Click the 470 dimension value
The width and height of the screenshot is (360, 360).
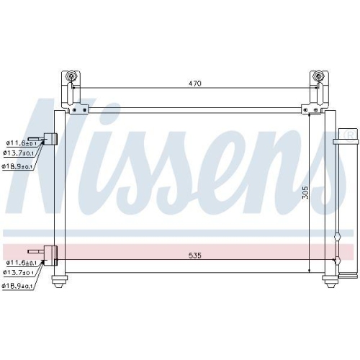click(195, 84)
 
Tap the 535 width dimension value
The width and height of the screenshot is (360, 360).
click(195, 255)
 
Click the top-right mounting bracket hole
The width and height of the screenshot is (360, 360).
click(318, 77)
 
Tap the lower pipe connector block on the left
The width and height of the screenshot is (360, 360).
click(50, 253)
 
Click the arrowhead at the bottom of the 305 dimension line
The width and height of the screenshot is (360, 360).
click(309, 269)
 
